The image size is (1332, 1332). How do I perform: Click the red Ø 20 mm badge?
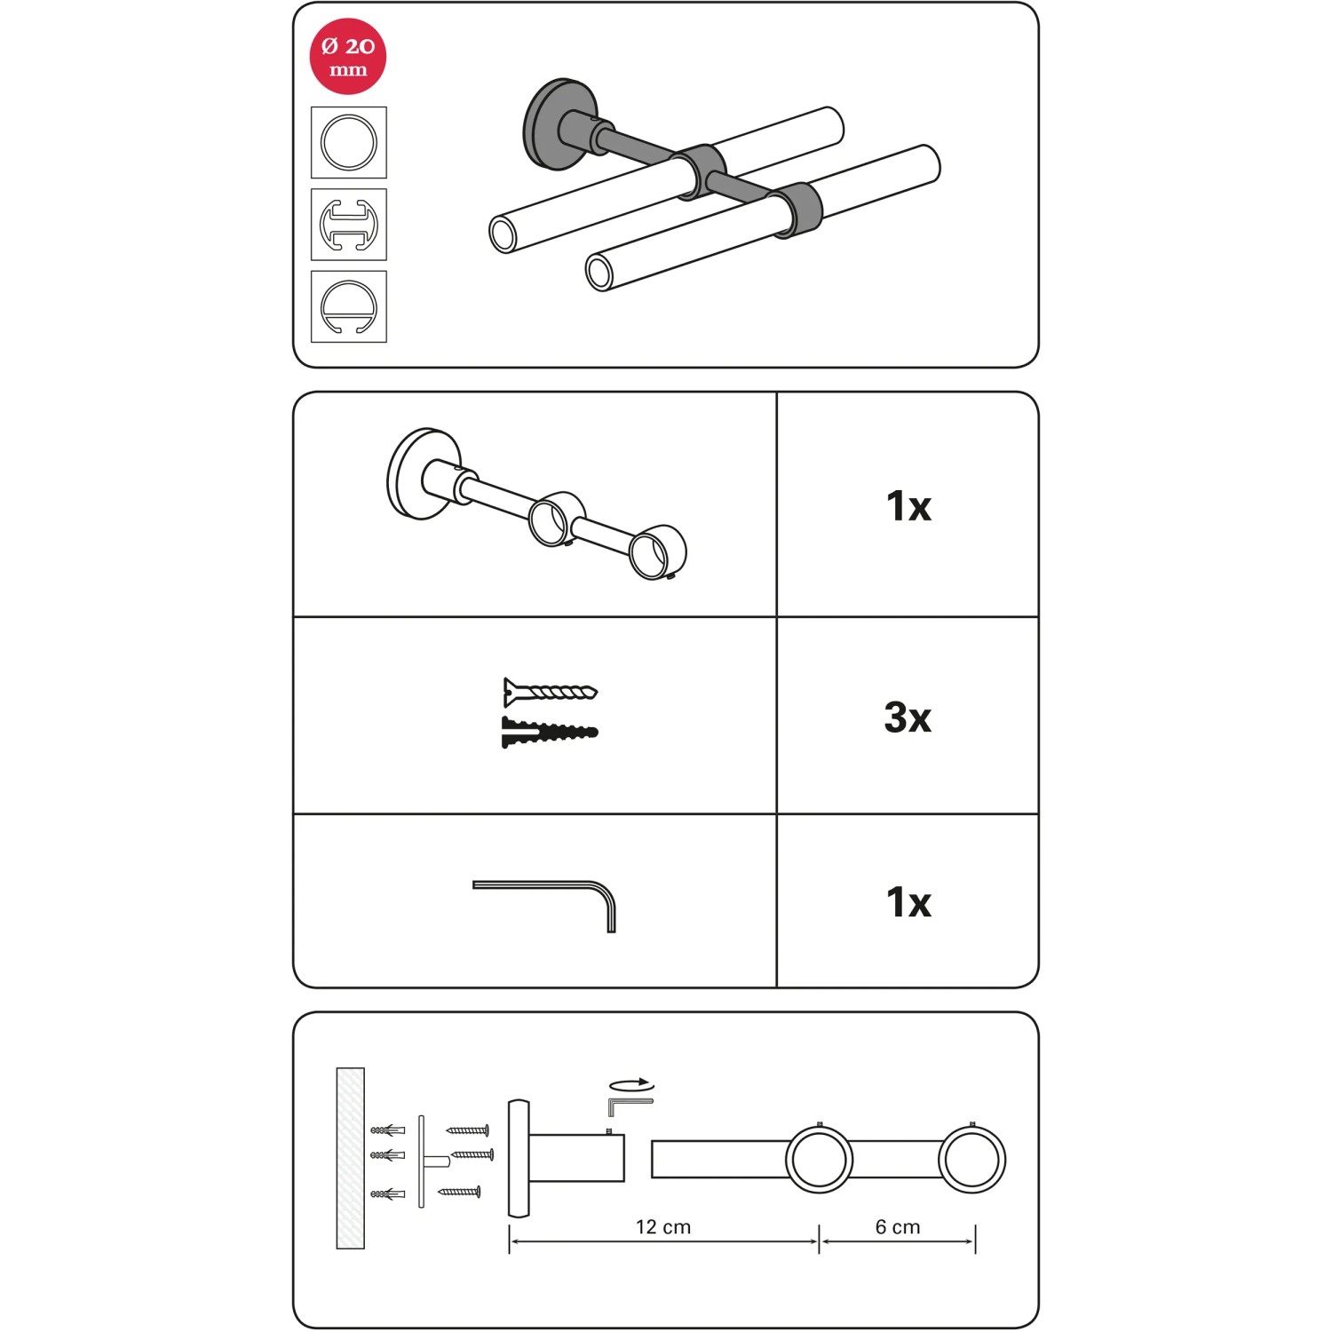pos(348,56)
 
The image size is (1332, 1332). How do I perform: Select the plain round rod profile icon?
pos(349,142)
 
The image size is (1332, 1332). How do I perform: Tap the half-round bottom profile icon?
pos(349,306)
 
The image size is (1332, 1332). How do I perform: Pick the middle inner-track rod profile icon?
pos(349,225)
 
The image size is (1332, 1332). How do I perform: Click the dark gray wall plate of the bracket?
pos(549,124)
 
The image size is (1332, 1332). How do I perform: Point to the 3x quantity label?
pos(908,718)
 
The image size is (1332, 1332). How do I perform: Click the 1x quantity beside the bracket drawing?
pos(908,506)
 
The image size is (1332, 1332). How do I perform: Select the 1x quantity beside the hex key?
pos(908,902)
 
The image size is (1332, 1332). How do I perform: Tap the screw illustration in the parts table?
pos(550,691)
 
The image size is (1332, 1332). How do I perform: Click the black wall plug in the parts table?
pos(550,733)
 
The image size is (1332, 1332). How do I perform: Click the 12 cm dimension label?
pos(663,1227)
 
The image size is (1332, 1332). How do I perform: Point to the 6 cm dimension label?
pos(898,1227)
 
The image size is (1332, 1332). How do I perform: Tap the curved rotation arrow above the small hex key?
pos(631,1085)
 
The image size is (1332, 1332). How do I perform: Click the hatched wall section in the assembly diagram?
pos(351,1158)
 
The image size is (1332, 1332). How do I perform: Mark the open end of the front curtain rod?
pos(600,273)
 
